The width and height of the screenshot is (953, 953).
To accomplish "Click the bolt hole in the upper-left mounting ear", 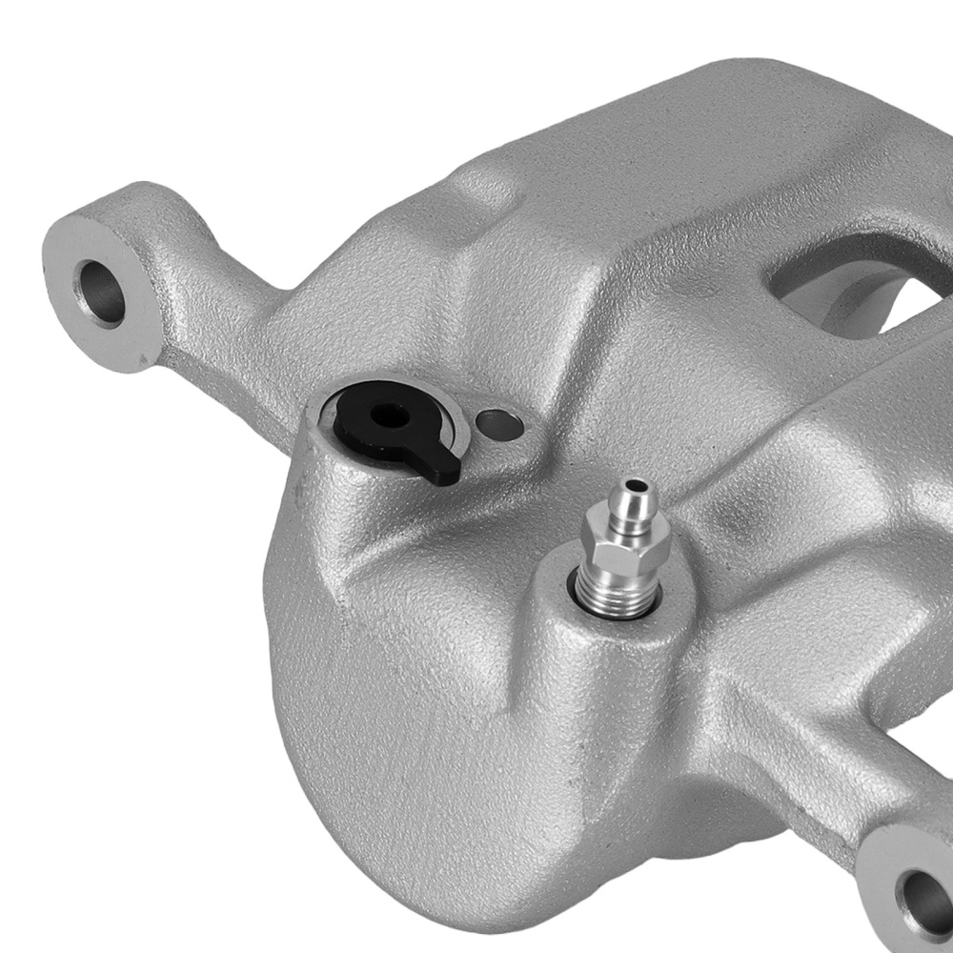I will [103, 290].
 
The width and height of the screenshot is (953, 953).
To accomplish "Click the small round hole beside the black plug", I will [501, 423].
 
